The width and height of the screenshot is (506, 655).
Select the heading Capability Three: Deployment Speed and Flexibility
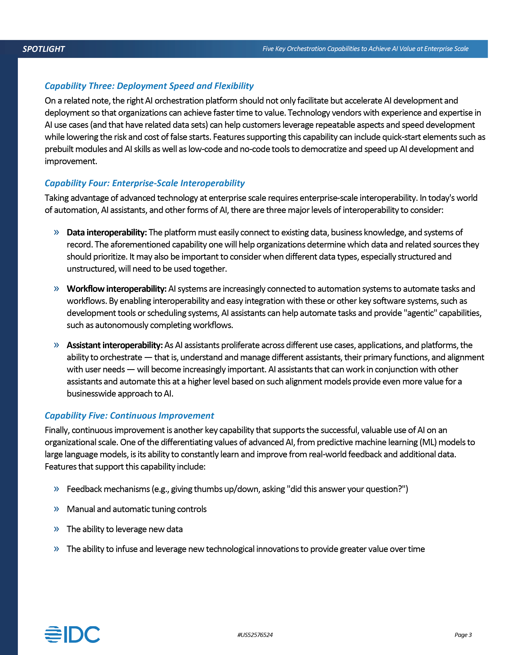[x=149, y=86]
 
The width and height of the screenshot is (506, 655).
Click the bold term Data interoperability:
[x=107, y=232]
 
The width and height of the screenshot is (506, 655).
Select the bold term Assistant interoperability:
[x=114, y=345]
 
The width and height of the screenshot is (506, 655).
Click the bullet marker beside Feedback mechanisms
[x=56, y=489]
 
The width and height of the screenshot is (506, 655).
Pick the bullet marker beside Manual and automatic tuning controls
[x=56, y=509]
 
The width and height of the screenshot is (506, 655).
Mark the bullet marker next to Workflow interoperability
[x=56, y=289]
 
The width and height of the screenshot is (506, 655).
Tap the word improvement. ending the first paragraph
[x=71, y=161]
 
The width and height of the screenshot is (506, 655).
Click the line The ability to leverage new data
[x=124, y=529]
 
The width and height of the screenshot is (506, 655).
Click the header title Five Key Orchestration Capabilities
[x=365, y=49]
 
